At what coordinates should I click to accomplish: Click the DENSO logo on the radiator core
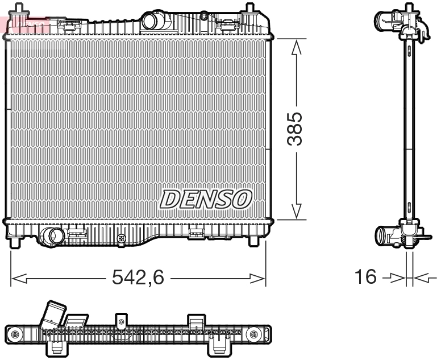tap(206, 199)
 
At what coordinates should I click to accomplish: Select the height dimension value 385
tap(295, 129)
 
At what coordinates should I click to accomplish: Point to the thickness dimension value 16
tap(367, 277)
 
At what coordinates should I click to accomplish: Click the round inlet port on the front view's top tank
tap(152, 21)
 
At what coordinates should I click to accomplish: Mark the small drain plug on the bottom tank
tap(120, 239)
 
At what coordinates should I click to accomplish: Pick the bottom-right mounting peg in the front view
tap(253, 242)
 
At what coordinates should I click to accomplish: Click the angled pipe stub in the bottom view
tap(53, 315)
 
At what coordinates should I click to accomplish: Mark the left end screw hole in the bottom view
tap(16, 333)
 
